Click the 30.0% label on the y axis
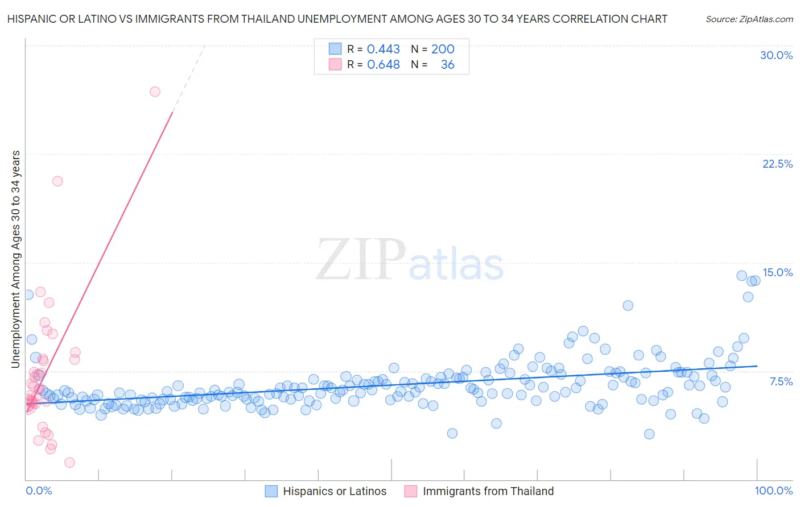point(776,55)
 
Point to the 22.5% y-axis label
point(777,164)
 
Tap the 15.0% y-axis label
point(777,272)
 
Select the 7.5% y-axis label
point(781,381)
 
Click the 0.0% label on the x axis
point(39,491)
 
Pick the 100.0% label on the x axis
point(773,491)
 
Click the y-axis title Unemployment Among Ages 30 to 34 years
point(16,259)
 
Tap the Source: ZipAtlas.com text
point(749,19)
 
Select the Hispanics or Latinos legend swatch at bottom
point(271,491)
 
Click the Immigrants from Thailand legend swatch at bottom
point(411,491)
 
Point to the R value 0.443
point(383,49)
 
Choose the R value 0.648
point(383,65)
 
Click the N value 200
point(443,49)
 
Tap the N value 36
point(447,65)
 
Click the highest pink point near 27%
point(155,92)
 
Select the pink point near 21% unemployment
point(57,181)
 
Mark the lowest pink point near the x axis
point(69,462)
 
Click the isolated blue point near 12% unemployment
point(628,305)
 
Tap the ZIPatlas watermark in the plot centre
point(410,260)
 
